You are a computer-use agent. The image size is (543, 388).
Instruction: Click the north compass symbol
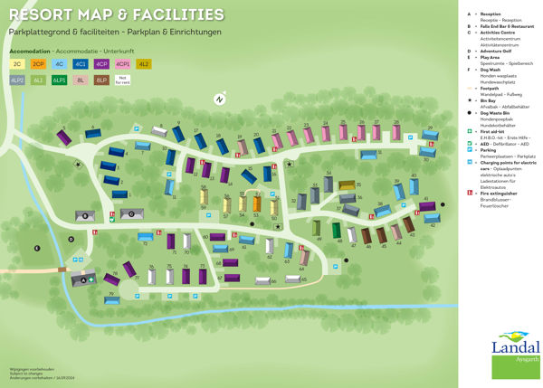click(x=218, y=99)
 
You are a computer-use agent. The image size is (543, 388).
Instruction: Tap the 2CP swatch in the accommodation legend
click(x=39, y=64)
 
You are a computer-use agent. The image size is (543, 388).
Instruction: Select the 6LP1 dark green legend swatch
click(x=60, y=80)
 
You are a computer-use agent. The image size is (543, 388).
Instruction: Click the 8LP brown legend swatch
click(x=101, y=80)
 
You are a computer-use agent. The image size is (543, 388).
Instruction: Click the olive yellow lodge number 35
click(x=348, y=187)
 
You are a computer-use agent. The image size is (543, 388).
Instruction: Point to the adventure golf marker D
click(x=70, y=239)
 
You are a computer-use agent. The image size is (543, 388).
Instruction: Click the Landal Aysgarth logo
click(x=515, y=353)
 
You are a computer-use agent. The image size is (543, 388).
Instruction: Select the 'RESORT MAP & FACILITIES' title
click(x=115, y=14)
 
